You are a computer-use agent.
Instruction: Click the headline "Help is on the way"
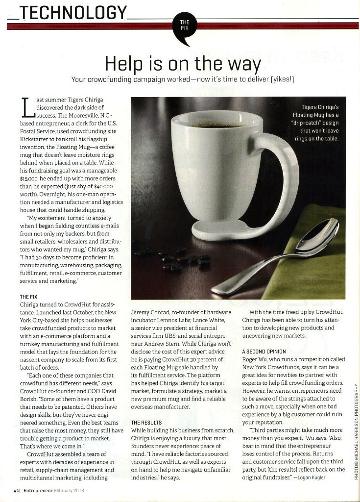pos(182,64)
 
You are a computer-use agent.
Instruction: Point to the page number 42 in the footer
pos(16,491)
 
